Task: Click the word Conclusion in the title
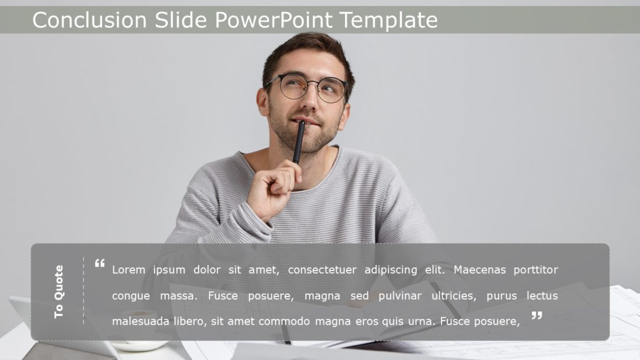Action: tap(89, 20)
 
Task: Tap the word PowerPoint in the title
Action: tap(274, 20)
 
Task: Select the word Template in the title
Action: tap(388, 20)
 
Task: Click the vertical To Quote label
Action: tap(59, 292)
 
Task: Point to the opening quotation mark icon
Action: tap(100, 263)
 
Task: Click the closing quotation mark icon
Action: tap(536, 316)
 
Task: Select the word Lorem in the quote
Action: tap(129, 269)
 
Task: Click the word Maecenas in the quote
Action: tap(479, 269)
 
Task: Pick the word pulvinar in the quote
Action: tap(398, 296)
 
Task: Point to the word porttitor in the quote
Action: tap(536, 269)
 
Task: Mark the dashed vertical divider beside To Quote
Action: tap(84, 291)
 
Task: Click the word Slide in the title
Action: tap(181, 20)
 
